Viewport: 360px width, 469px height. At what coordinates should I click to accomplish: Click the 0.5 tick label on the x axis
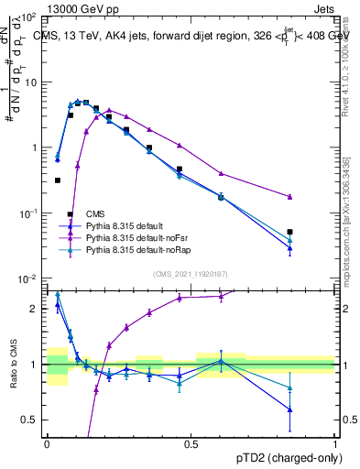[x=191, y=442]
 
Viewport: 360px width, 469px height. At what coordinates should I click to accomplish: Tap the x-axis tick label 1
[x=335, y=442]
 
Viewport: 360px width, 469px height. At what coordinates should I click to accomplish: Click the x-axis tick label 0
[x=47, y=442]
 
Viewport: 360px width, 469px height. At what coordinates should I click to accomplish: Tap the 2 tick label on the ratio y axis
[x=36, y=309]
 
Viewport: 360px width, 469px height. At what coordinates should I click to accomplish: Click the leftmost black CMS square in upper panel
[x=58, y=180]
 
